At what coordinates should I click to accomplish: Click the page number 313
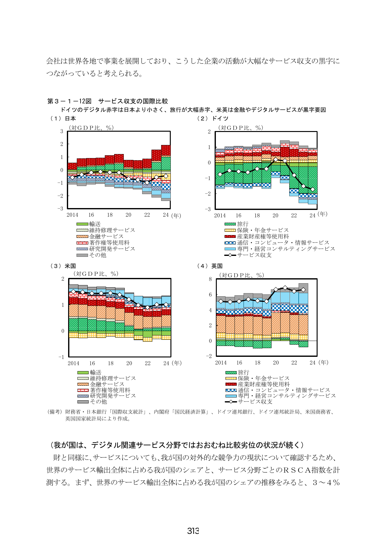[x=193, y=531]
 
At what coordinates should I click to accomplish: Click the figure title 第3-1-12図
[x=69, y=101]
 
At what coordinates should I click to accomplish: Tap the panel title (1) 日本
[x=63, y=119]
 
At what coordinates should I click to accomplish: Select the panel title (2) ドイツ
[x=213, y=119]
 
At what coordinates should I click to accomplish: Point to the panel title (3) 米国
[x=63, y=266]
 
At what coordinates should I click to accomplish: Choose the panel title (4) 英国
[x=210, y=266]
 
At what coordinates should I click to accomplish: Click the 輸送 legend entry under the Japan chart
[x=89, y=224]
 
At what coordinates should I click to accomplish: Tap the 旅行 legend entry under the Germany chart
[x=237, y=224]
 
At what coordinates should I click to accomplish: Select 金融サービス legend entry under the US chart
[x=101, y=384]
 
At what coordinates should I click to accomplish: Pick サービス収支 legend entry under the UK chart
[x=249, y=402]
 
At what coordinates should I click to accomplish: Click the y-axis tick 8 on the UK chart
[x=210, y=279]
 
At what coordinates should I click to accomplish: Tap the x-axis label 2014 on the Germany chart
[x=220, y=216]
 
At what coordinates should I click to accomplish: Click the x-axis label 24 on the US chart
[x=166, y=363]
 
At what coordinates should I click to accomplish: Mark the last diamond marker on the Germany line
[x=313, y=189]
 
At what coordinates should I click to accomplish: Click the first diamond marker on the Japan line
[x=72, y=177]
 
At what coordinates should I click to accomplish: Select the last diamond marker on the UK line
[x=303, y=290]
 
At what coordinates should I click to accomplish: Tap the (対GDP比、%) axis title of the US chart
[x=96, y=274]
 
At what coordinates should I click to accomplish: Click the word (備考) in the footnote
[x=54, y=412]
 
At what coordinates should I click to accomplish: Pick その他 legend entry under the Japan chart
[x=91, y=255]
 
